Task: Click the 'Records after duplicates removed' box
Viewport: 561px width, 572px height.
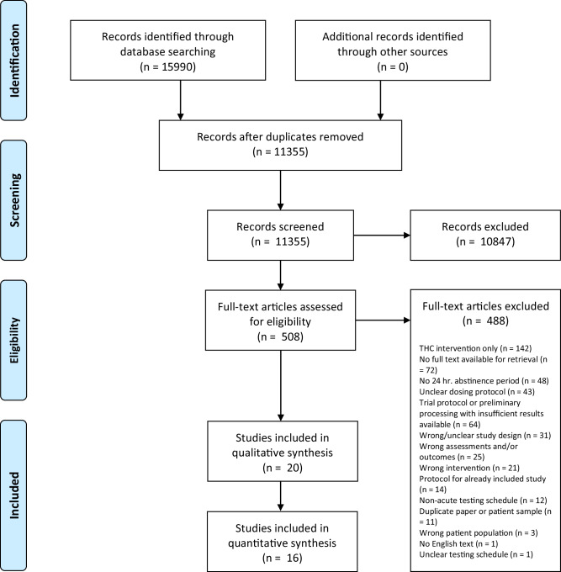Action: [x=273, y=143]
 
